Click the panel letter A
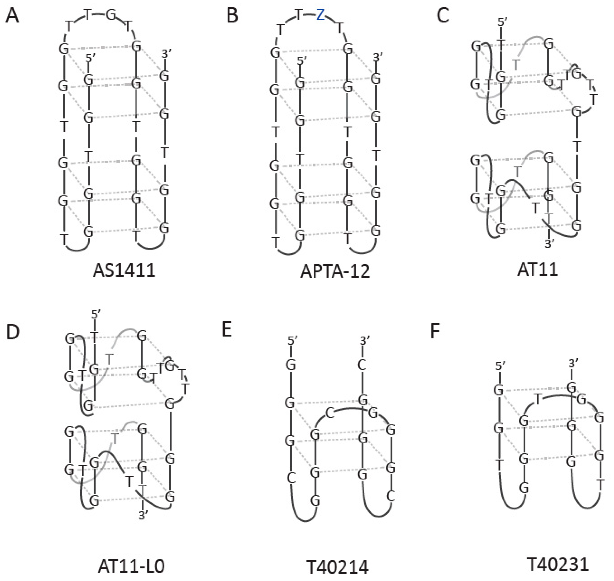click(12, 15)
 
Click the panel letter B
click(232, 15)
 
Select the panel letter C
click(443, 15)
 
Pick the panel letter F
click(435, 331)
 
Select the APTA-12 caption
click(335, 272)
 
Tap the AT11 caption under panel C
click(538, 270)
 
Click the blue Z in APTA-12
click(321, 15)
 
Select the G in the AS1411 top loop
click(111, 15)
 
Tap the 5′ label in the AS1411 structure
click(89, 58)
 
